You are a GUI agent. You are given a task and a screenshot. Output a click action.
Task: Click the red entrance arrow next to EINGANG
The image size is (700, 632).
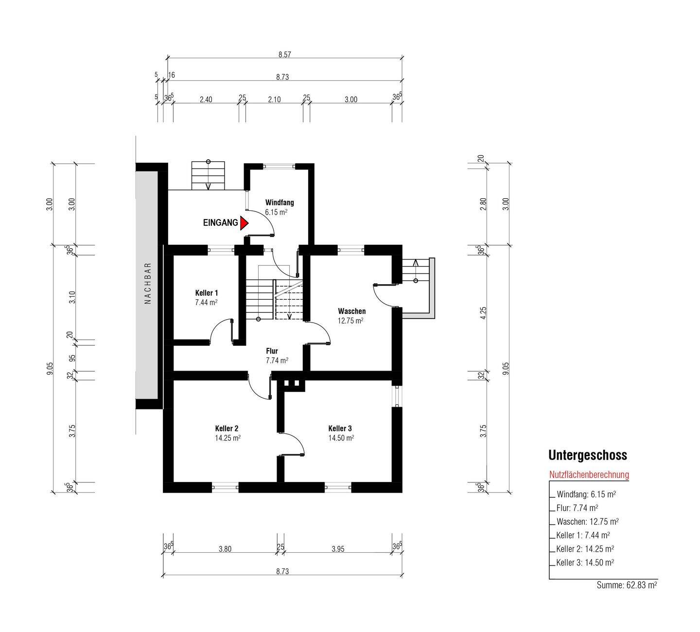244,223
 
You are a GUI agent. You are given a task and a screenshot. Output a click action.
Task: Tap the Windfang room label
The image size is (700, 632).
279,203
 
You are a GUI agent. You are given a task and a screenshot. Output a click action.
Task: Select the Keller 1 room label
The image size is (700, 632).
206,293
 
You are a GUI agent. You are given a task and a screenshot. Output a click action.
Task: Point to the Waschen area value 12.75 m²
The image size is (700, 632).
350,321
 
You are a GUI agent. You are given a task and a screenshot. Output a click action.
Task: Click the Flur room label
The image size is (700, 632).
272,351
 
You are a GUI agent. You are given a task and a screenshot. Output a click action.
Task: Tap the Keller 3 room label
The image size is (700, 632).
340,428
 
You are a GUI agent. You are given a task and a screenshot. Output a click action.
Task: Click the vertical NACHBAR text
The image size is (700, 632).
148,283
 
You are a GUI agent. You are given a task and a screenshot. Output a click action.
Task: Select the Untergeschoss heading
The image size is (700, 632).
587,455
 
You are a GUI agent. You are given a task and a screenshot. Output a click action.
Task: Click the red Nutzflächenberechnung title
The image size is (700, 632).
589,475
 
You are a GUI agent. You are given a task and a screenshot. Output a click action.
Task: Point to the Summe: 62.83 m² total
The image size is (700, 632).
627,585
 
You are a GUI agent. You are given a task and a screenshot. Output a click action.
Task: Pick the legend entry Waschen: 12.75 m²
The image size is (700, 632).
587,522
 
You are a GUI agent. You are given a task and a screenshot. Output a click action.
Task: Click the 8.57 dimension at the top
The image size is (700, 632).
284,55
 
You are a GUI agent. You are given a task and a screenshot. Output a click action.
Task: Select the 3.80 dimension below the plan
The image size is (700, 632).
225,549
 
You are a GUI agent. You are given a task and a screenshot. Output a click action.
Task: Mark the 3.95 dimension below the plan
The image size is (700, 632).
338,549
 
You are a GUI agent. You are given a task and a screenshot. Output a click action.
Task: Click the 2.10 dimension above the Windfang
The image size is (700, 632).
274,100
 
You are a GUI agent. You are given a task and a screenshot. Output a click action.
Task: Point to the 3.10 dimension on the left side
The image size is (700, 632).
72,297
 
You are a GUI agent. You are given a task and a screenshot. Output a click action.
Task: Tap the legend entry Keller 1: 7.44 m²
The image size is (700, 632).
583,535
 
